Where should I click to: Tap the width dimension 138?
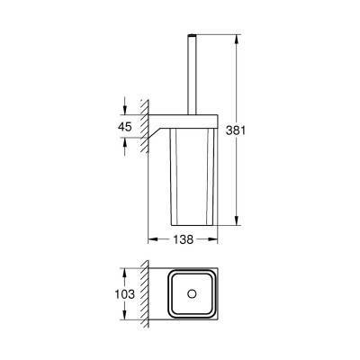pyautogui.click(x=184, y=240)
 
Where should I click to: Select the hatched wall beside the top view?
pyautogui.click(x=143, y=294)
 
